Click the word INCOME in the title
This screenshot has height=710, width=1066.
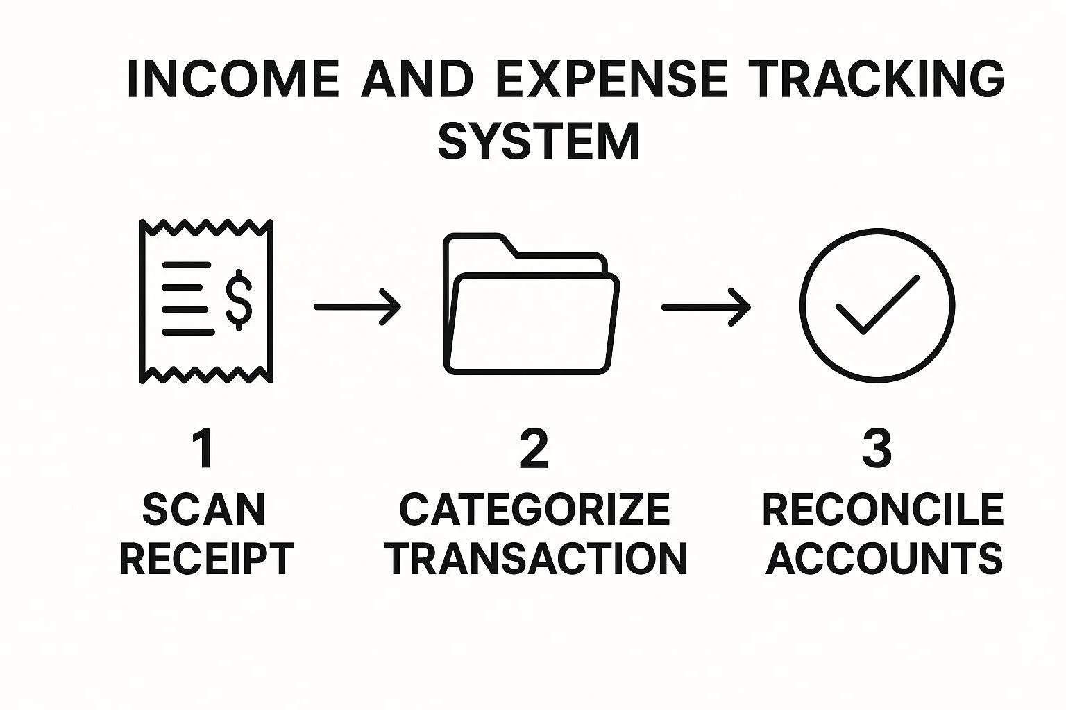(233, 78)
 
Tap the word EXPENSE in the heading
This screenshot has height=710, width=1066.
(612, 78)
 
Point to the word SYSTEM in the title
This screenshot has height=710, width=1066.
(539, 141)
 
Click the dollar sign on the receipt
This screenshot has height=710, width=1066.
(239, 300)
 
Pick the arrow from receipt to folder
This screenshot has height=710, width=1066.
(357, 306)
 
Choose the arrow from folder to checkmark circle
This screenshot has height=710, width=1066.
(706, 306)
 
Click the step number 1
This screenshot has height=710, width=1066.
(203, 449)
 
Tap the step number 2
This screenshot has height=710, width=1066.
(534, 449)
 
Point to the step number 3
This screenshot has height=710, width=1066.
(877, 449)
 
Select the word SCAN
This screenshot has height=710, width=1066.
(204, 510)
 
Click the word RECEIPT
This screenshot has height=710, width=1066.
(207, 559)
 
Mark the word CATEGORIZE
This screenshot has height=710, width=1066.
(534, 510)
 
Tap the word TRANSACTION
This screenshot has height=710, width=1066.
(536, 559)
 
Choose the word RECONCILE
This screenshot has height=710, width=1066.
(883, 510)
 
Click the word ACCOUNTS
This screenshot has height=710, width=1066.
(884, 559)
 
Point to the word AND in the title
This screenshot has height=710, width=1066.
(418, 78)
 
